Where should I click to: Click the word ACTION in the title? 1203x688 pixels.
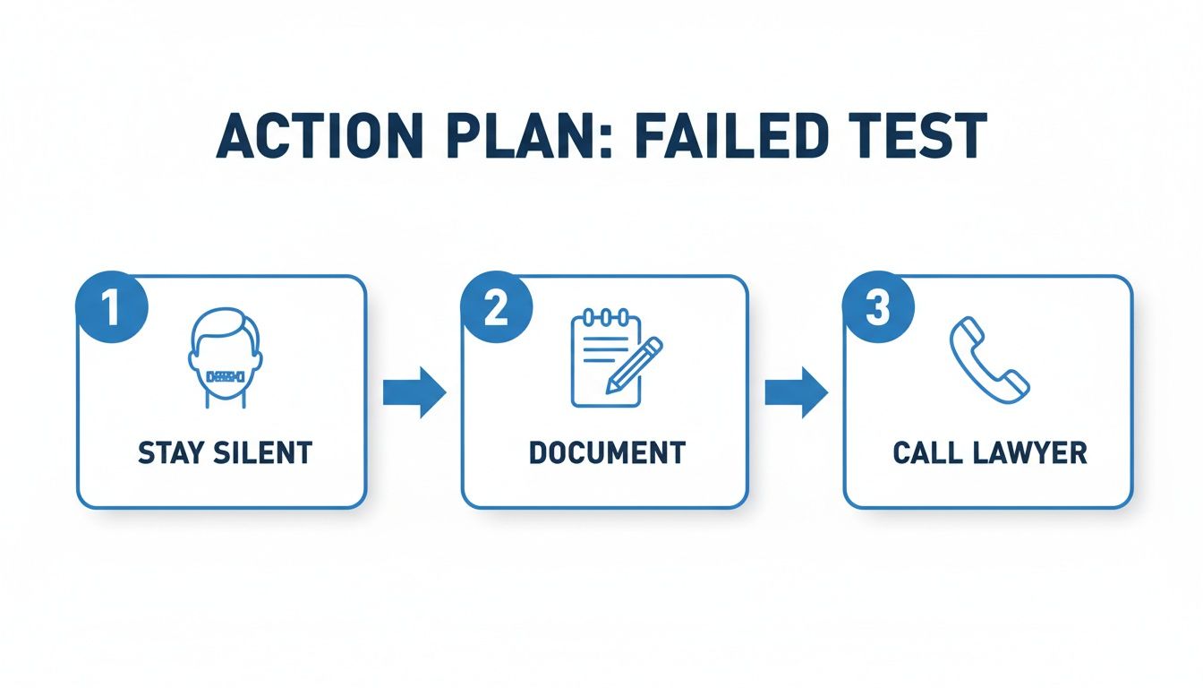click(320, 135)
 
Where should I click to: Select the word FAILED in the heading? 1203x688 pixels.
click(729, 135)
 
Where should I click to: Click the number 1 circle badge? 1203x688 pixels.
click(112, 307)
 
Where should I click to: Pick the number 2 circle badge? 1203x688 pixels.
click(496, 307)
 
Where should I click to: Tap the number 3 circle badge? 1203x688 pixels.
click(878, 307)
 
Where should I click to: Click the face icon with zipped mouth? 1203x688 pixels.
click(226, 358)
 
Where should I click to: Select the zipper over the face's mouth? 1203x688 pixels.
click(226, 377)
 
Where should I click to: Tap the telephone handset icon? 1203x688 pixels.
click(989, 360)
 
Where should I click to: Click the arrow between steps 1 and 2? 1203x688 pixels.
click(414, 392)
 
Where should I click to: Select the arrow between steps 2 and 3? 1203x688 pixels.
click(797, 392)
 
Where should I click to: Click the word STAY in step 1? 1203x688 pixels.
click(172, 452)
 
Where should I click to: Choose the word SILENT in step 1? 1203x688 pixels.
click(263, 452)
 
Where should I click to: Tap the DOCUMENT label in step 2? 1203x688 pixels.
click(608, 452)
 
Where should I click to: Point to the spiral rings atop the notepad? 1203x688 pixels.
click(606, 316)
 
